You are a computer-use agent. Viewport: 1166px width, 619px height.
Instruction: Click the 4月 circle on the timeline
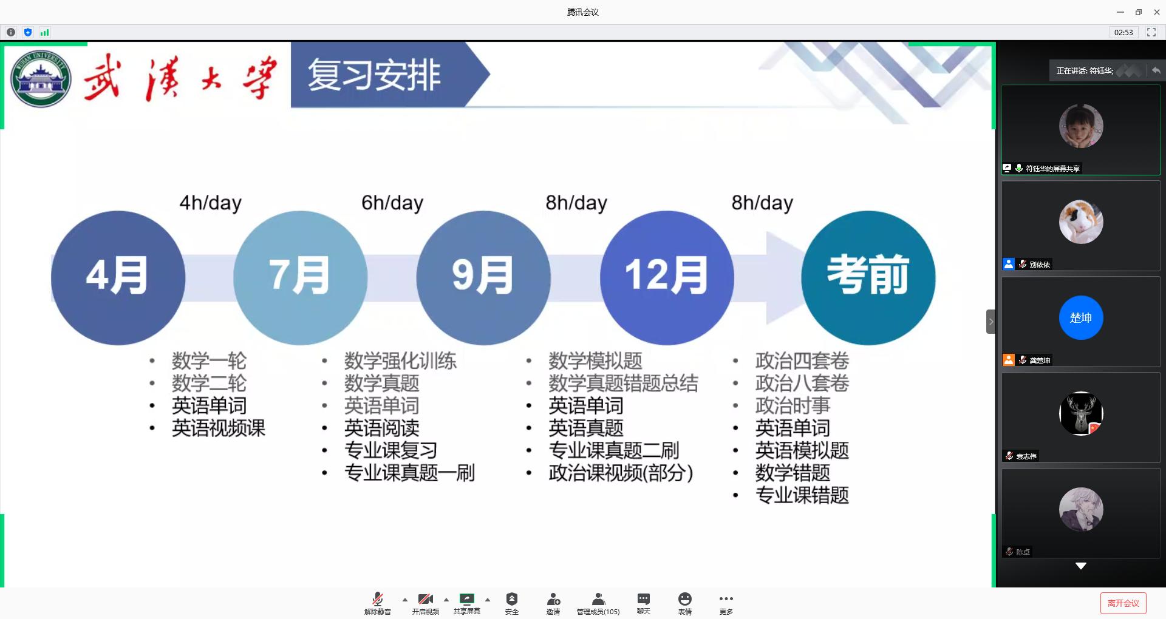[x=118, y=277]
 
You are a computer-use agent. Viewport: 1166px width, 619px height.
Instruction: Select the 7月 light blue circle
[x=300, y=277]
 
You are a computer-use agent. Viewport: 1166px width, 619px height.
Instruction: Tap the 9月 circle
[x=483, y=277]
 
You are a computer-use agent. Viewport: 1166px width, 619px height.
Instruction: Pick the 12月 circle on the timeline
[x=667, y=277]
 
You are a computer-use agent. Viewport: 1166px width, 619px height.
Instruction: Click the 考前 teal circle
[x=868, y=277]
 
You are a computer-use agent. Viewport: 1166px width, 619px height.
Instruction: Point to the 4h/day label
[x=210, y=203]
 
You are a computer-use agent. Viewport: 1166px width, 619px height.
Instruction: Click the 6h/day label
[x=392, y=203]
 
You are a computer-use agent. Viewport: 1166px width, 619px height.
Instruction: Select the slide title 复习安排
[x=374, y=75]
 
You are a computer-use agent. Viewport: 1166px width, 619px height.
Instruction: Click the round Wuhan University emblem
[x=41, y=79]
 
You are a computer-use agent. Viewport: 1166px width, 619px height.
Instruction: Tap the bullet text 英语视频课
[x=219, y=428]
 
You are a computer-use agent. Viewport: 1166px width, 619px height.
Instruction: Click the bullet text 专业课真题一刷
[x=409, y=473]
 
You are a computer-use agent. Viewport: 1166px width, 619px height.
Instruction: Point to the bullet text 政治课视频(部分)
[x=621, y=473]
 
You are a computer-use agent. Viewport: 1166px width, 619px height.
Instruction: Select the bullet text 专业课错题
[x=802, y=495]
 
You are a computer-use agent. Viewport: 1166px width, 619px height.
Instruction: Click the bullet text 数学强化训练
[x=400, y=361]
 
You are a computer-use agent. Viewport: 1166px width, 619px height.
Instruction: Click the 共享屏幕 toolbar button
[x=467, y=604]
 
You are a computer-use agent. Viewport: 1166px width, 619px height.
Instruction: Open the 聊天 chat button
[x=644, y=604]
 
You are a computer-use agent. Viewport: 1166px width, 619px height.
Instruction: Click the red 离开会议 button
[x=1123, y=603]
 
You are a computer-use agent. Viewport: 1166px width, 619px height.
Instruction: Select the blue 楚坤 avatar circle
[x=1081, y=317]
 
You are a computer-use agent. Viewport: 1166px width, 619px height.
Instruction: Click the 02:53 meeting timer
[x=1123, y=32]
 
